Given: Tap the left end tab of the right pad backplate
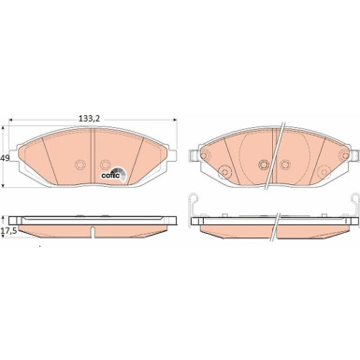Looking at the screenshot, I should click(194, 160).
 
